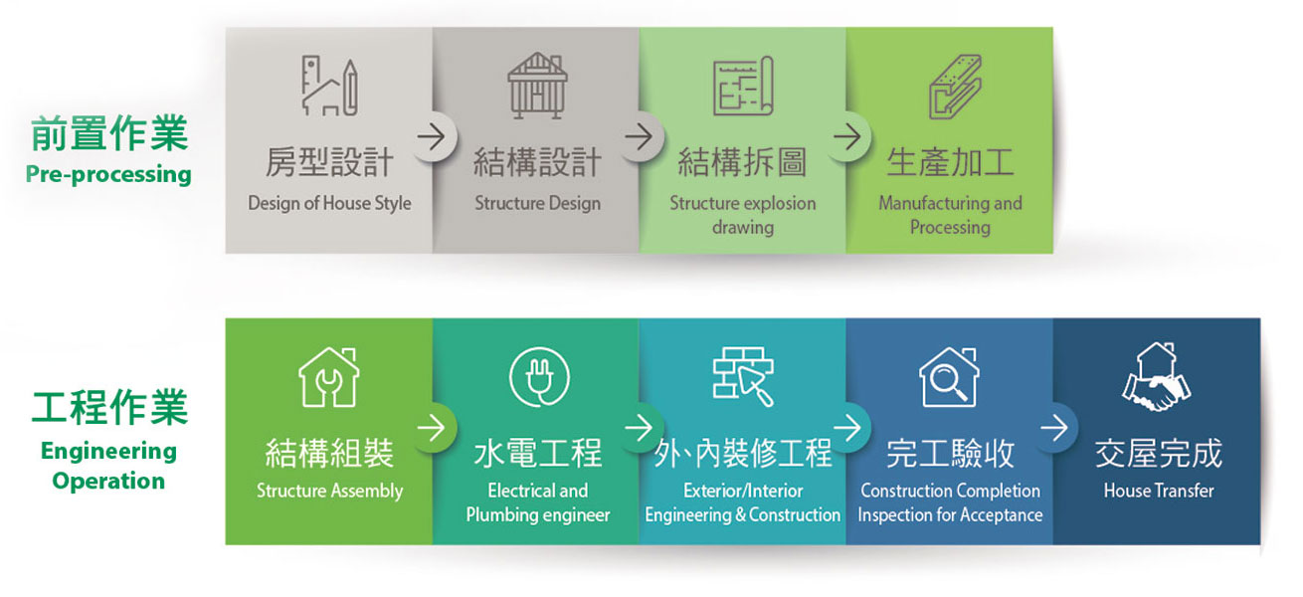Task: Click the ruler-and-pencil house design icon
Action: pos(329,86)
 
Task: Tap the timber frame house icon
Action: pos(537,86)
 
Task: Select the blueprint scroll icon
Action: pos(743,86)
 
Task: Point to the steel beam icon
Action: pos(955,87)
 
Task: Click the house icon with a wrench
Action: pos(329,376)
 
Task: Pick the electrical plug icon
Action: pos(539,376)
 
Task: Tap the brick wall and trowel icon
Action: pos(743,376)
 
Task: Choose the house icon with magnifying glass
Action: pos(949,376)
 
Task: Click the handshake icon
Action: pos(1157,376)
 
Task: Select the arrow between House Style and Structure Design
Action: pos(431,137)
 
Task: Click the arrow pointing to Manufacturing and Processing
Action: pos(846,137)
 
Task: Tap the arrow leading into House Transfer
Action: pos(1054,428)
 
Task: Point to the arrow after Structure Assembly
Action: pos(431,428)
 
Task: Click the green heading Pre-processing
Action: pos(108,174)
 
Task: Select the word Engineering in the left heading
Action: pos(108,452)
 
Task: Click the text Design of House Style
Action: pos(329,203)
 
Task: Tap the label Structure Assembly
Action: pos(330,491)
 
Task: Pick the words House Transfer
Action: pos(1159,491)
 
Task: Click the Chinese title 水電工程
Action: pos(537,454)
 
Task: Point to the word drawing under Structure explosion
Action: pos(743,227)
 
